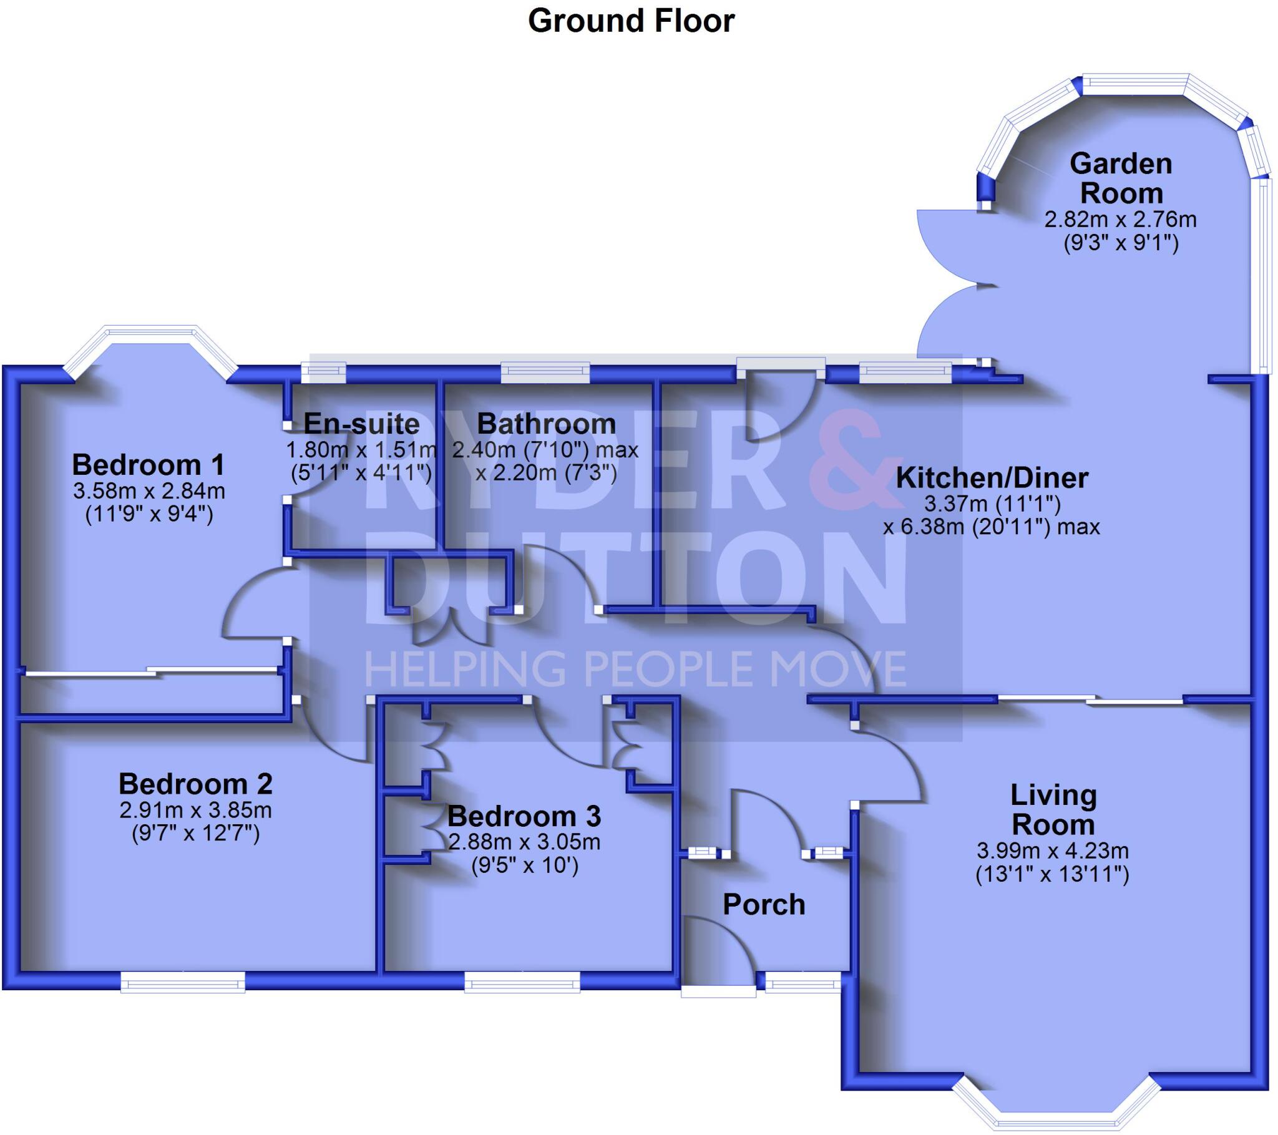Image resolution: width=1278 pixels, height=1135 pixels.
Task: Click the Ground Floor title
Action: pos(631,21)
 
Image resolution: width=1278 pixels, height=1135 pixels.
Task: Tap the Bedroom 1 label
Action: pos(148,465)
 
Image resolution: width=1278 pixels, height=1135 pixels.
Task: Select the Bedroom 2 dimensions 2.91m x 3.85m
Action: pos(195,811)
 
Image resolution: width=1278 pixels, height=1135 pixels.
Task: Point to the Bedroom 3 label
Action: pos(524,817)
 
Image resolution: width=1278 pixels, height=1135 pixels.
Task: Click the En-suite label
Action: pos(361,424)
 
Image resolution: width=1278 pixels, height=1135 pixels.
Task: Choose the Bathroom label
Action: pos(547,424)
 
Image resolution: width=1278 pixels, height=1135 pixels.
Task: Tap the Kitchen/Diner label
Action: pos(992,478)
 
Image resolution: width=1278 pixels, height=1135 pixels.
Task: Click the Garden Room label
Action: pos(1121,178)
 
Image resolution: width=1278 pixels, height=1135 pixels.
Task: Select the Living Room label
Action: pos(1053,810)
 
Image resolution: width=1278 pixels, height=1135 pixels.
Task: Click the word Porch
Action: pos(764,905)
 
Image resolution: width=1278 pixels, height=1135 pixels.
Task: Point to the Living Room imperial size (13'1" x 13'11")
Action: pos(1052,874)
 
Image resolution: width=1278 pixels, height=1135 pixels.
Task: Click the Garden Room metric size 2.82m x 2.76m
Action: pos(1121,220)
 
